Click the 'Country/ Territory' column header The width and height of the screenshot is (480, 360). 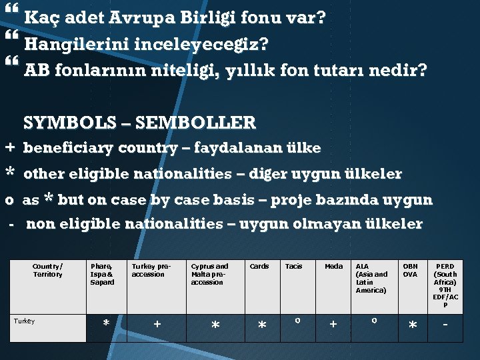(47, 270)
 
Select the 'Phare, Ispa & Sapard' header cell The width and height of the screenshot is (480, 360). (102, 274)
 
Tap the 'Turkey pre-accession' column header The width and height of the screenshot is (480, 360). (151, 270)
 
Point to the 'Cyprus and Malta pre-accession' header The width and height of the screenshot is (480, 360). (209, 274)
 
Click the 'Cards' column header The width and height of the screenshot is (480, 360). (259, 266)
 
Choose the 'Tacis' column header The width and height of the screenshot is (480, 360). (293, 266)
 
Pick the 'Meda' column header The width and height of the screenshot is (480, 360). (333, 266)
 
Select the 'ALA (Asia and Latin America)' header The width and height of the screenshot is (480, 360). (371, 278)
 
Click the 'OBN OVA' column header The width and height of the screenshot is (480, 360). (410, 270)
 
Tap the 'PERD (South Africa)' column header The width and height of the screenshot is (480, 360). (445, 285)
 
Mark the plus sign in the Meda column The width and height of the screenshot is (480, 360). (333, 324)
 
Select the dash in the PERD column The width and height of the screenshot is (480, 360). (445, 323)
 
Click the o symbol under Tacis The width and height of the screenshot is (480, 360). (296, 321)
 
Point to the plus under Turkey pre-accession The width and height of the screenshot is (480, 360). (157, 324)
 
